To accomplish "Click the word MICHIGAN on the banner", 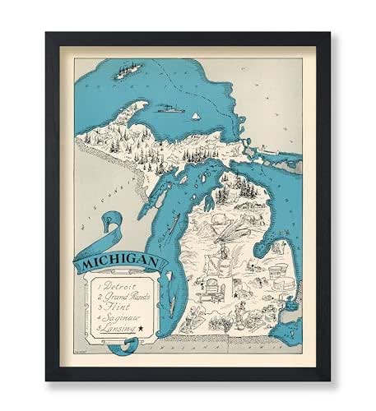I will pos(122,263).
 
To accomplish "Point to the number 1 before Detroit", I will pos(98,284).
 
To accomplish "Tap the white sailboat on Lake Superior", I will pos(196,116).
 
